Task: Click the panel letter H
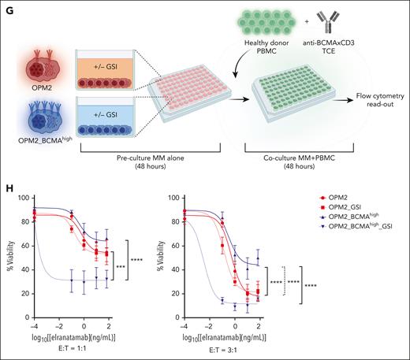click(7, 182)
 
